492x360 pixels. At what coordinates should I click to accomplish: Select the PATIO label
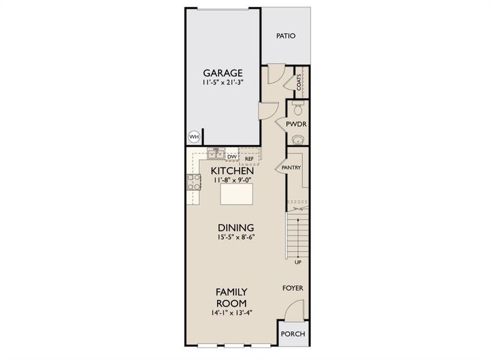pyautogui.click(x=286, y=36)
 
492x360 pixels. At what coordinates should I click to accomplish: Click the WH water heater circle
pyautogui.click(x=193, y=137)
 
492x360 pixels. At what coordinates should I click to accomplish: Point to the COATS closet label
pyautogui.click(x=298, y=82)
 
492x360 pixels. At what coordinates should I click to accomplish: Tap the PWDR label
pyautogui.click(x=296, y=125)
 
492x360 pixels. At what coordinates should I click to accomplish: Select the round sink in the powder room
pyautogui.click(x=297, y=140)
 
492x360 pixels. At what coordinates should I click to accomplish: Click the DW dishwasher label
pyautogui.click(x=232, y=157)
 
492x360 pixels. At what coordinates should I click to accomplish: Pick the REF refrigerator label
pyautogui.click(x=249, y=159)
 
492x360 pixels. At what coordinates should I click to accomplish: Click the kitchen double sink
pyautogui.click(x=216, y=154)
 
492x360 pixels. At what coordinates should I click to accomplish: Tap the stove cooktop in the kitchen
pyautogui.click(x=194, y=182)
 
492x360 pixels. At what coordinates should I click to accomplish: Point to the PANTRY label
pyautogui.click(x=291, y=168)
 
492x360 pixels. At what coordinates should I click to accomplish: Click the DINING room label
pyautogui.click(x=236, y=228)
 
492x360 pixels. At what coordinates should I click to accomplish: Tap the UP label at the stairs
pyautogui.click(x=298, y=263)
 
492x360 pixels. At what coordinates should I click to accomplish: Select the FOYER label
pyautogui.click(x=293, y=288)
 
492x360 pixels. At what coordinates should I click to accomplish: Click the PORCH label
pyautogui.click(x=293, y=334)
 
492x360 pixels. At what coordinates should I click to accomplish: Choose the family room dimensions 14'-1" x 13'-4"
pyautogui.click(x=232, y=313)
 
